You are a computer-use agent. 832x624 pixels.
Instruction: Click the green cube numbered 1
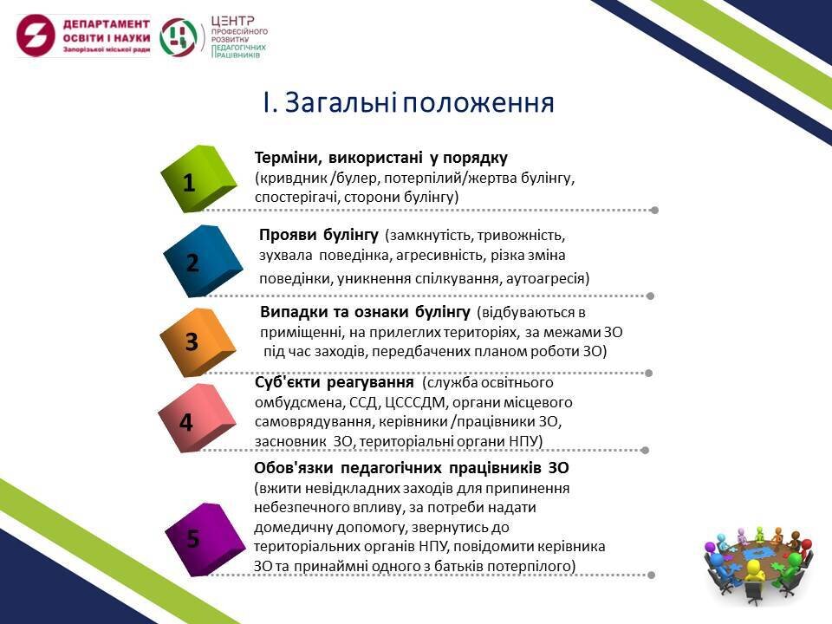(198, 179)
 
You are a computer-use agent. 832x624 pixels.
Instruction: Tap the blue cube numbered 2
(203, 261)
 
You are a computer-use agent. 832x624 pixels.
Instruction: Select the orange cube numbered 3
(198, 341)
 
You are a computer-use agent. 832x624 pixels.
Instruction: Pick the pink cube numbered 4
(197, 419)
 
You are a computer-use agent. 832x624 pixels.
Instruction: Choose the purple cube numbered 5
(205, 539)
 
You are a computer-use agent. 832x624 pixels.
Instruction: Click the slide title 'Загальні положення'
(408, 102)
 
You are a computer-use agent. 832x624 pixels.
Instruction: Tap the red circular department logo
(36, 36)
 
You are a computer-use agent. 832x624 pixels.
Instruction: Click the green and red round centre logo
(179, 36)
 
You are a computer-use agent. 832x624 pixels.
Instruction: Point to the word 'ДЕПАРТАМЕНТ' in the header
(106, 24)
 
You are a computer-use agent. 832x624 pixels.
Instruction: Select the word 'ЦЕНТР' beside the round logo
(233, 21)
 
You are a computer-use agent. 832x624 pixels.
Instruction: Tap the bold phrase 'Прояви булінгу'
(319, 235)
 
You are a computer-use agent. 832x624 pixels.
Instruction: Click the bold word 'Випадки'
(291, 312)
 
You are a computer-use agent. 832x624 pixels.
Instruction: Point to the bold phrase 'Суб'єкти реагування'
(335, 382)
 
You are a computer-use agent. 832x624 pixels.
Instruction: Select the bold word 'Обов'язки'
(294, 468)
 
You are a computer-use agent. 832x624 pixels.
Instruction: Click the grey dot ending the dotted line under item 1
(655, 210)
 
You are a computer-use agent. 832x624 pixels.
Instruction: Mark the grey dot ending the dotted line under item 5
(651, 575)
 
